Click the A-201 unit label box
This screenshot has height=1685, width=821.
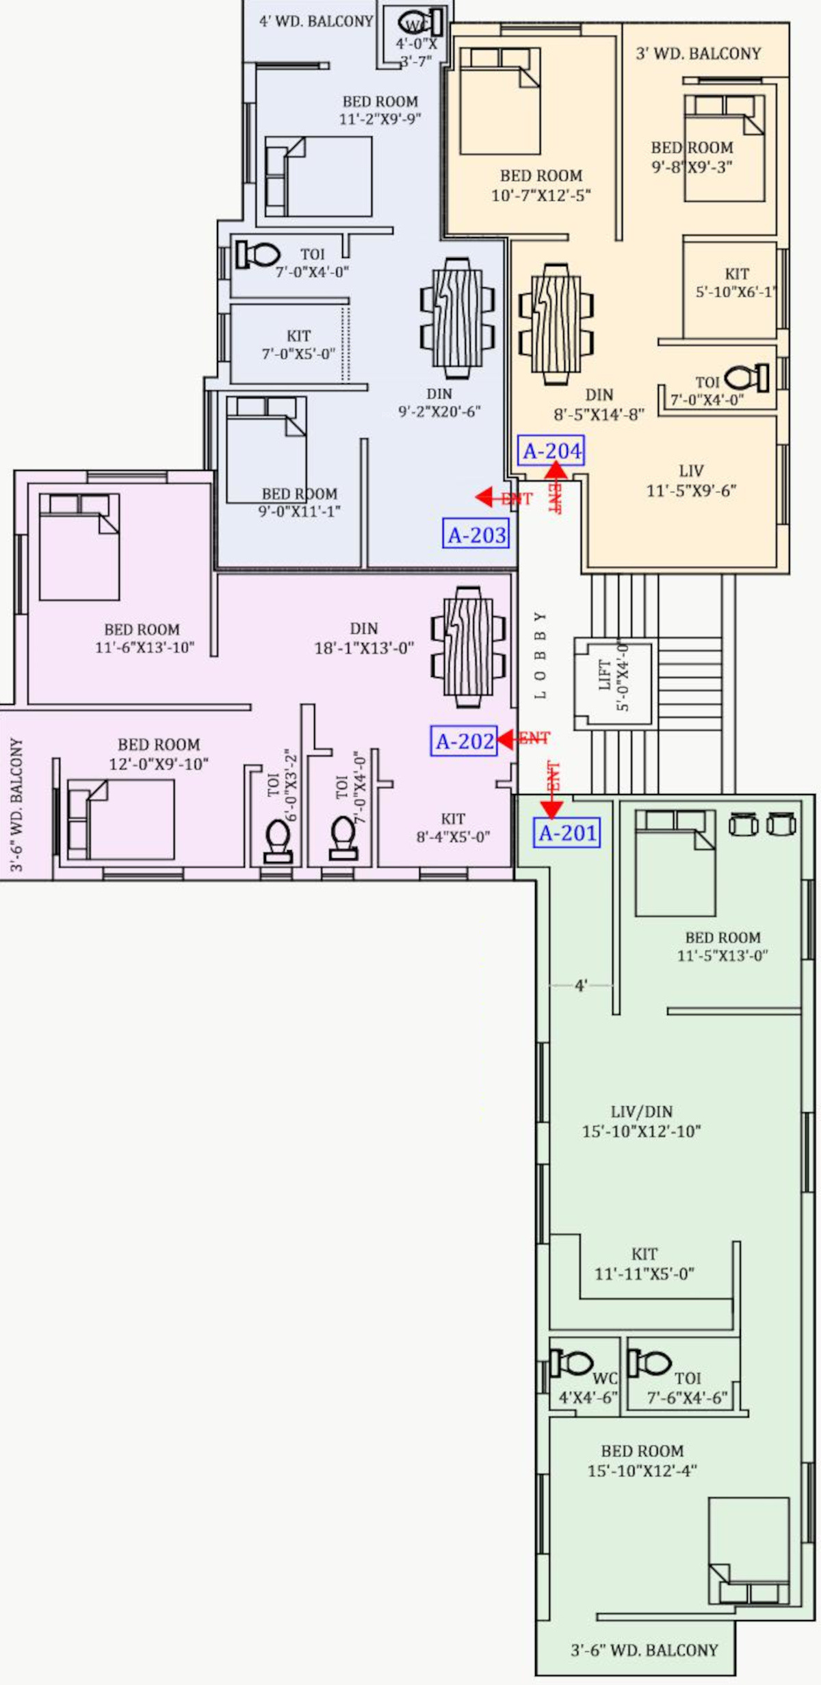[x=567, y=833]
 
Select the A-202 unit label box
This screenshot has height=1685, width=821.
[x=464, y=741]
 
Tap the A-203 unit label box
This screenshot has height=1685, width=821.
[x=477, y=534]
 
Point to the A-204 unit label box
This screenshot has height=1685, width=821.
[x=551, y=450]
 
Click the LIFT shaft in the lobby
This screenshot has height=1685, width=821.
[x=614, y=682]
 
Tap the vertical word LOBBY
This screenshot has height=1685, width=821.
[x=540, y=655]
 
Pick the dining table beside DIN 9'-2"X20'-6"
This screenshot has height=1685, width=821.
[x=458, y=318]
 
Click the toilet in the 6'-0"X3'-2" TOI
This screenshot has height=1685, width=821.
[x=278, y=840]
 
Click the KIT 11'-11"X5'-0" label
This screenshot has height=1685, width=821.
[x=644, y=1263]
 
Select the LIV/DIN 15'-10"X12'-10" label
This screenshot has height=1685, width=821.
[x=642, y=1121]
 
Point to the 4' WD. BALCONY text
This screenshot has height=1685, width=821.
[x=316, y=21]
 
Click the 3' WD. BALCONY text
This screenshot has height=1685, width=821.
[x=699, y=53]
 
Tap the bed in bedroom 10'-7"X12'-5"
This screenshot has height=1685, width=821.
[x=500, y=101]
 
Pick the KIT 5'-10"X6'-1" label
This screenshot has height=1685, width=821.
[x=737, y=283]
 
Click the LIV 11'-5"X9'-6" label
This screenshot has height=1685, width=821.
[x=691, y=480]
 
